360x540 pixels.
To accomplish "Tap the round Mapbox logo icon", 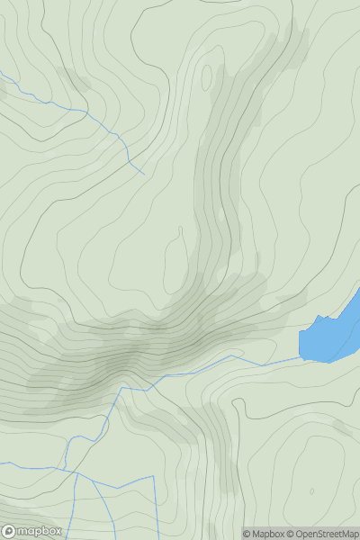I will click(x=9, y=531).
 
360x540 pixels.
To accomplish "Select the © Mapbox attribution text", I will click(x=266, y=534).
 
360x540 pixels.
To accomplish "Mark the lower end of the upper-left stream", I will click(x=144, y=174).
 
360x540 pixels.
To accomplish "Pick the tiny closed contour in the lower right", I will click(x=312, y=491).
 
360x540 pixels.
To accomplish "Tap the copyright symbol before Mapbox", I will click(x=247, y=534).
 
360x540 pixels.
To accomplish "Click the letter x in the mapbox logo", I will click(x=57, y=531).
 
